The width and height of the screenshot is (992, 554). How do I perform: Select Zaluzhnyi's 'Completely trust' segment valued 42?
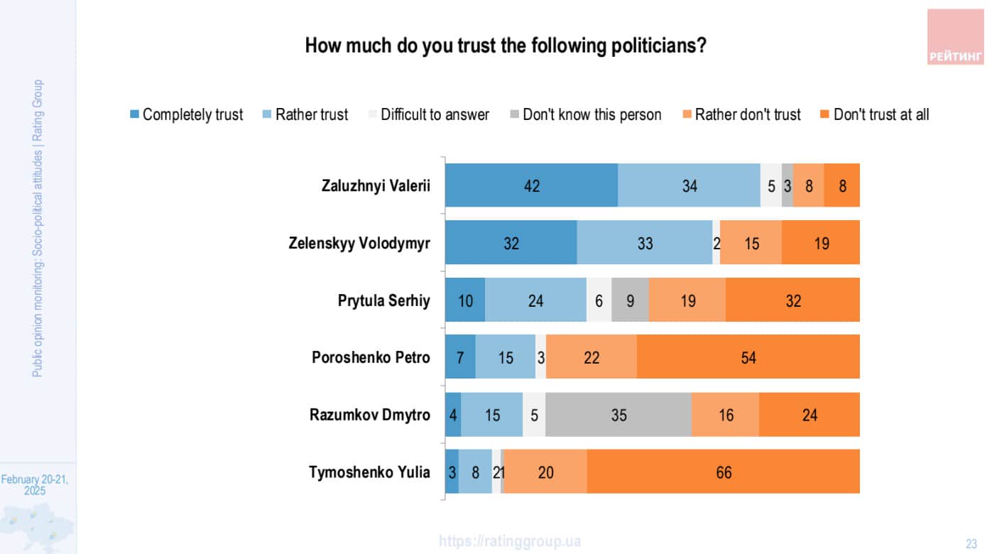531,185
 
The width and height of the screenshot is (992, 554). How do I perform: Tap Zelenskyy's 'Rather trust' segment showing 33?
645,243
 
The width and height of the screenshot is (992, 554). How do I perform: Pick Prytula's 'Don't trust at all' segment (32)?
792,300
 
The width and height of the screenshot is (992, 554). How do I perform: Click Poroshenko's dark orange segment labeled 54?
748,358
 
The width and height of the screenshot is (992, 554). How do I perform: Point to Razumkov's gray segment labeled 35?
618,415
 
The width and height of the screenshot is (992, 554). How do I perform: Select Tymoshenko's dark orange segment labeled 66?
723,472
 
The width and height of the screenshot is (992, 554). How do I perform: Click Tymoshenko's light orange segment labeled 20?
545,472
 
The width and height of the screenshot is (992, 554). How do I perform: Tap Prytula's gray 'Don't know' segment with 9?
630,300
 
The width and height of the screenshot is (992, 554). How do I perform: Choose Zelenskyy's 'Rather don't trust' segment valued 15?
751,243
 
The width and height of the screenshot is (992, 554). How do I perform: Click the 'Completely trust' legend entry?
186,114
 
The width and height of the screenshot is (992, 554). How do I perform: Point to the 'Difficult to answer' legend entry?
428,114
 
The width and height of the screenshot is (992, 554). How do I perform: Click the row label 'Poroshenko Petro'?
371,357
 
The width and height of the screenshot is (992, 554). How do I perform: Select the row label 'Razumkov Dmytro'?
369,415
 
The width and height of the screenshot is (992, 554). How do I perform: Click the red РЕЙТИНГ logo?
955,38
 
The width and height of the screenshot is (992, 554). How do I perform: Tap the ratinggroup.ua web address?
510,541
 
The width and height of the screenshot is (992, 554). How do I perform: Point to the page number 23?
971,544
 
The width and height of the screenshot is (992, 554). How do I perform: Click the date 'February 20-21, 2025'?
35,485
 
